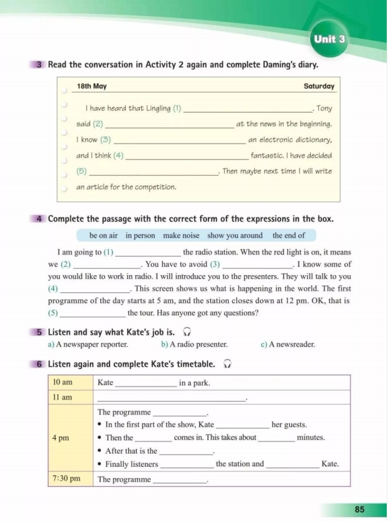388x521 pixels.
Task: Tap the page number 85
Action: pyautogui.click(x=360, y=509)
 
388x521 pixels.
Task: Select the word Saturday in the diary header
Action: pyautogui.click(x=319, y=87)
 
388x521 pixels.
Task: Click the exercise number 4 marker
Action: pyautogui.click(x=39, y=219)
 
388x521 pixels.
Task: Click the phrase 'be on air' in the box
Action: pyautogui.click(x=103, y=235)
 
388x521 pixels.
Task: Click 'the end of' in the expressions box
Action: pyautogui.click(x=289, y=235)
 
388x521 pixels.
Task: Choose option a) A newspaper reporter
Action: pyautogui.click(x=88, y=344)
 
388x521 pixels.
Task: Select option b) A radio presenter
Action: pyautogui.click(x=194, y=344)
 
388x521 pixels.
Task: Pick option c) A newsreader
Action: pyautogui.click(x=288, y=344)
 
